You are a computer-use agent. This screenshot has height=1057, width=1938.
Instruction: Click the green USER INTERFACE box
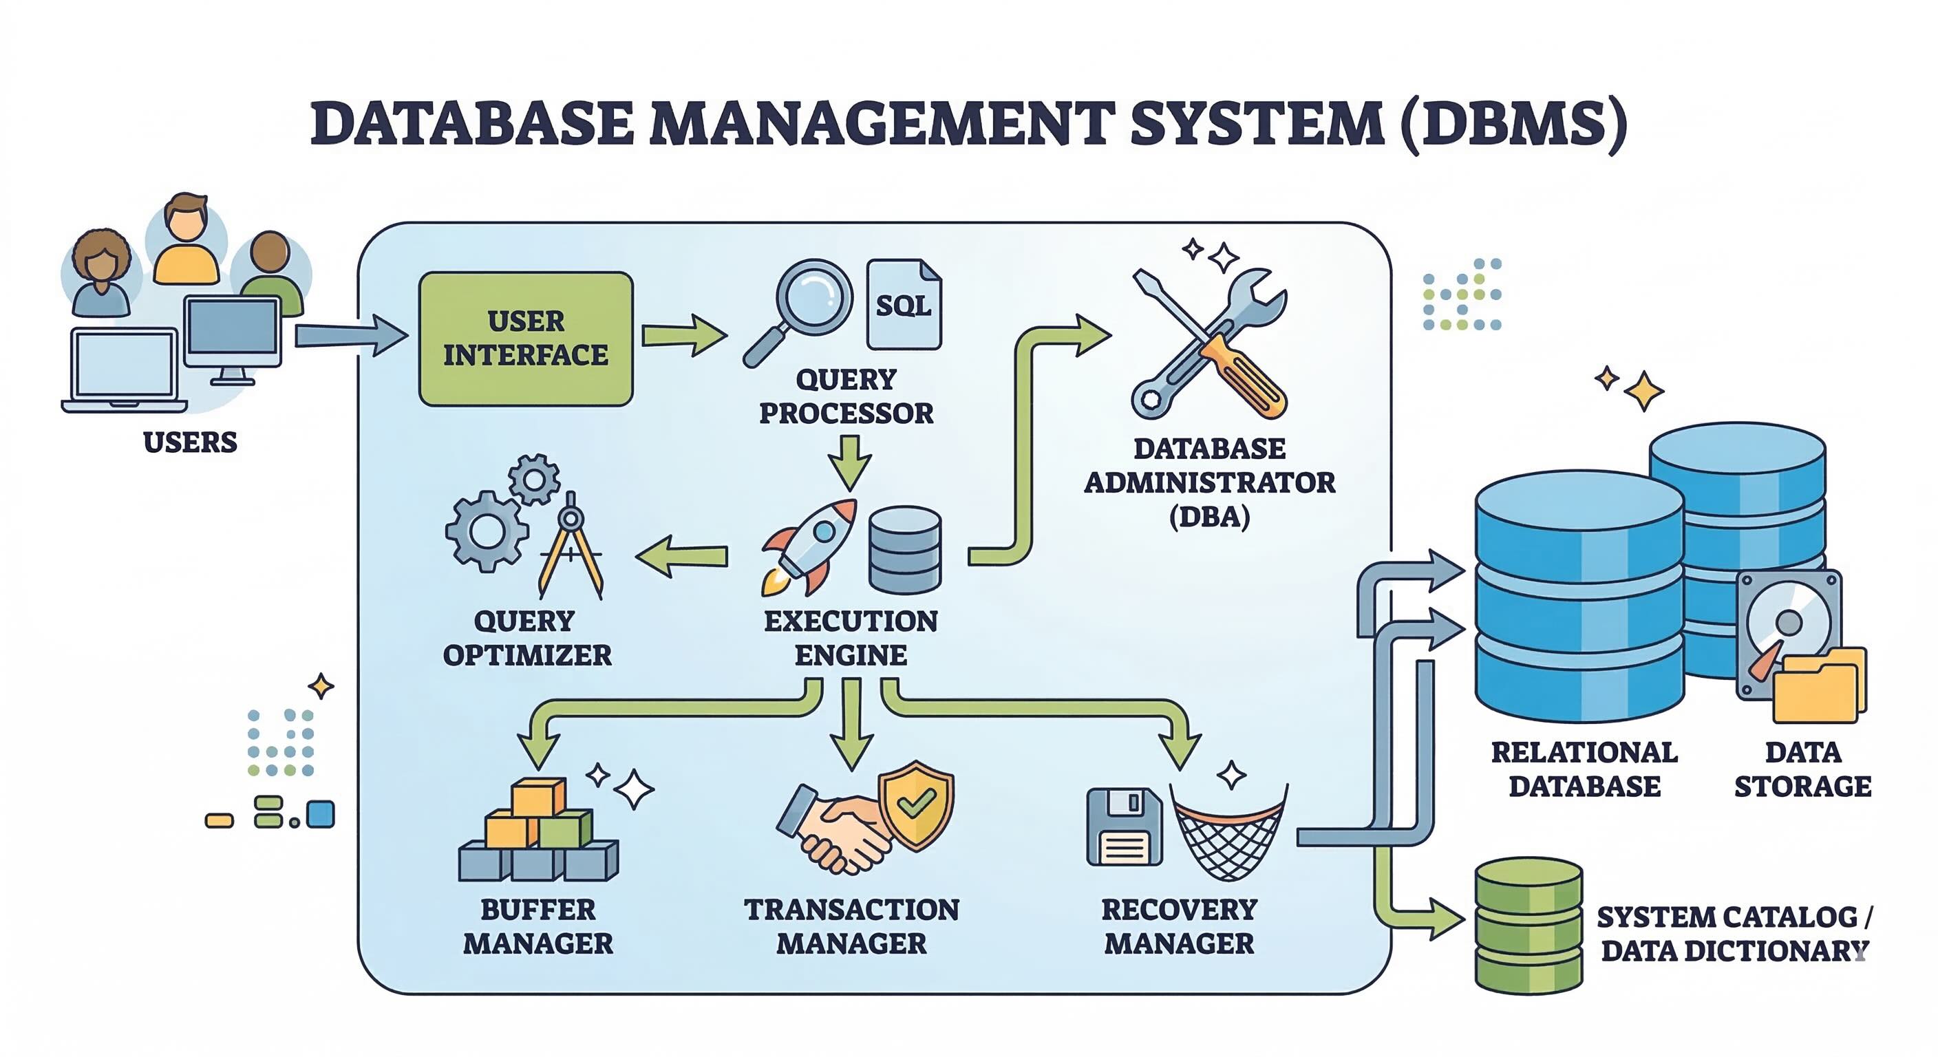tap(525, 339)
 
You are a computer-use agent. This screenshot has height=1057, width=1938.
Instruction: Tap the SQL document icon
tap(903, 305)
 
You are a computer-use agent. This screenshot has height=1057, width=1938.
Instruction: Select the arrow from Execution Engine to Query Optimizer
tap(681, 557)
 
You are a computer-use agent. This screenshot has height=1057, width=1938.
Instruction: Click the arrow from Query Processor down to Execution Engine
tap(850, 461)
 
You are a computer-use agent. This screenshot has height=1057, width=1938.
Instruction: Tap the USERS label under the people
tap(191, 442)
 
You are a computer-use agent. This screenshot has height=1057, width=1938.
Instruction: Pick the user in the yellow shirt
tap(186, 241)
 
